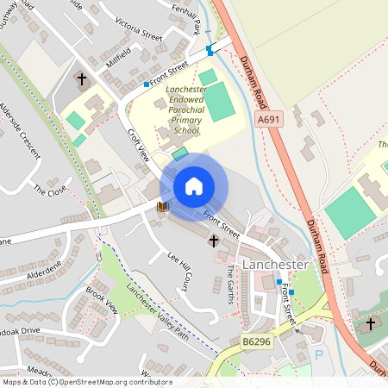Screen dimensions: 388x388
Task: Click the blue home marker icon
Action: [x=194, y=186]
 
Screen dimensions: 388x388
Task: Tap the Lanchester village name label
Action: [x=275, y=263]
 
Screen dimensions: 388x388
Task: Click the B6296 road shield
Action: [x=256, y=342]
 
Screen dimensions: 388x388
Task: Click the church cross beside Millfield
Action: [x=82, y=79]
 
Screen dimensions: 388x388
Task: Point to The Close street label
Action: [x=50, y=188]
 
